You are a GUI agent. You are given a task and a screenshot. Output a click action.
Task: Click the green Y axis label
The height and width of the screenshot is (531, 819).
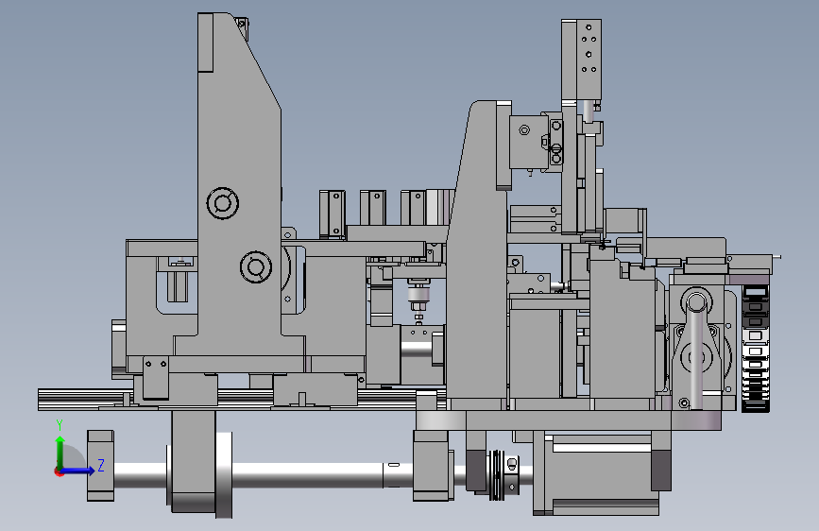tap(60, 425)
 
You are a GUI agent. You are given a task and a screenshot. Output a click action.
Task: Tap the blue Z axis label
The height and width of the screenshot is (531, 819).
tap(101, 465)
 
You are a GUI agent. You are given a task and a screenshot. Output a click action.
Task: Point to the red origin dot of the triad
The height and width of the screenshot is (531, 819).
tap(59, 471)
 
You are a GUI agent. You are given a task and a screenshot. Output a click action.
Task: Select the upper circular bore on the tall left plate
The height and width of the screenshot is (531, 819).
tap(223, 203)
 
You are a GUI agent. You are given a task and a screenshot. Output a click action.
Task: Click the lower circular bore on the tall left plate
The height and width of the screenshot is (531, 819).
tap(256, 266)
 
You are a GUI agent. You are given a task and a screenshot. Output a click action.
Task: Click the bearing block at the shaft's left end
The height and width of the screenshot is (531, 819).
tap(100, 465)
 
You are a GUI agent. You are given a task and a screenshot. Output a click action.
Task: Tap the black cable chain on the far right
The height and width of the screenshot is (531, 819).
tap(756, 350)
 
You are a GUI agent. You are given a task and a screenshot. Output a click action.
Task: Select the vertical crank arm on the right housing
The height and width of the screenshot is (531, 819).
tap(696, 351)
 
